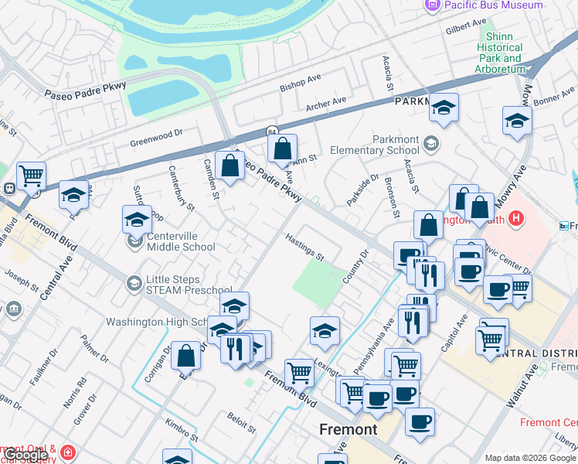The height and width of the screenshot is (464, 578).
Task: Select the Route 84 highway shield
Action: (273, 132)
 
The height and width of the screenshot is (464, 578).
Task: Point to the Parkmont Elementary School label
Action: (375, 145)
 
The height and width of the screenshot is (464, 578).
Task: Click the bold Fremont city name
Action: (348, 429)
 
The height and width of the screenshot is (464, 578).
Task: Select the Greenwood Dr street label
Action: (156, 137)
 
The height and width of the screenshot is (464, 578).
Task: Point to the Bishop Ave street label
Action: (301, 80)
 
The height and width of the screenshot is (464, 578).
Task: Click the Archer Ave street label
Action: (325, 104)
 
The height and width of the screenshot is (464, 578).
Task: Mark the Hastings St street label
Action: (304, 247)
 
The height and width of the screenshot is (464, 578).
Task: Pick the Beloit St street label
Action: (241, 424)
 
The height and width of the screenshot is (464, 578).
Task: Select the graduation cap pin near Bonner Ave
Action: (517, 120)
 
